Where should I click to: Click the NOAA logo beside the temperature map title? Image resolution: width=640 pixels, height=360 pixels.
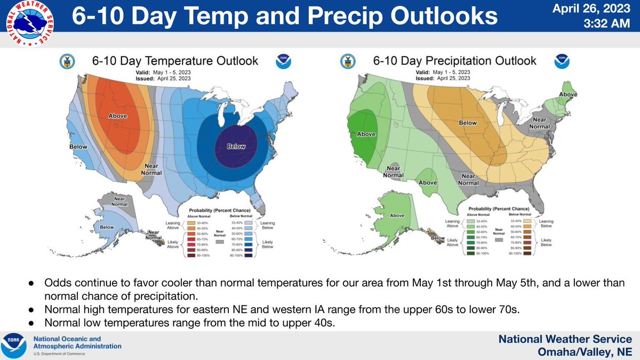(x=283, y=62)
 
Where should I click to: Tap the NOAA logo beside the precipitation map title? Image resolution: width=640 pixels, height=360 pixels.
(x=561, y=62)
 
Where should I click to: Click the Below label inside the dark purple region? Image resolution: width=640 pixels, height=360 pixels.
(x=235, y=146)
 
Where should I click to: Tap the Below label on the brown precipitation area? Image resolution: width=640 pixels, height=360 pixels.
(x=468, y=123)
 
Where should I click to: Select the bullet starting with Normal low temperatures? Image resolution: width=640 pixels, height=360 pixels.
(x=190, y=323)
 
